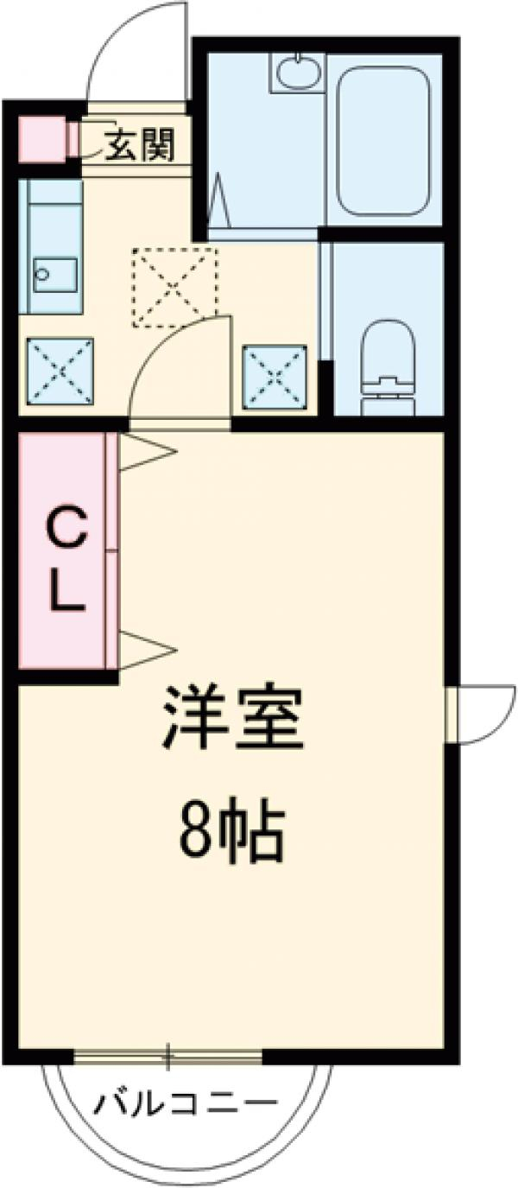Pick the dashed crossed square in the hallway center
tap(174, 287)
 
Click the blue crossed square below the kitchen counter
tap(60, 370)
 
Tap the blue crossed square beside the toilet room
tap(275, 375)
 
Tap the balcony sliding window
tap(168, 1056)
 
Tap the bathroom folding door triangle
tap(218, 200)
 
